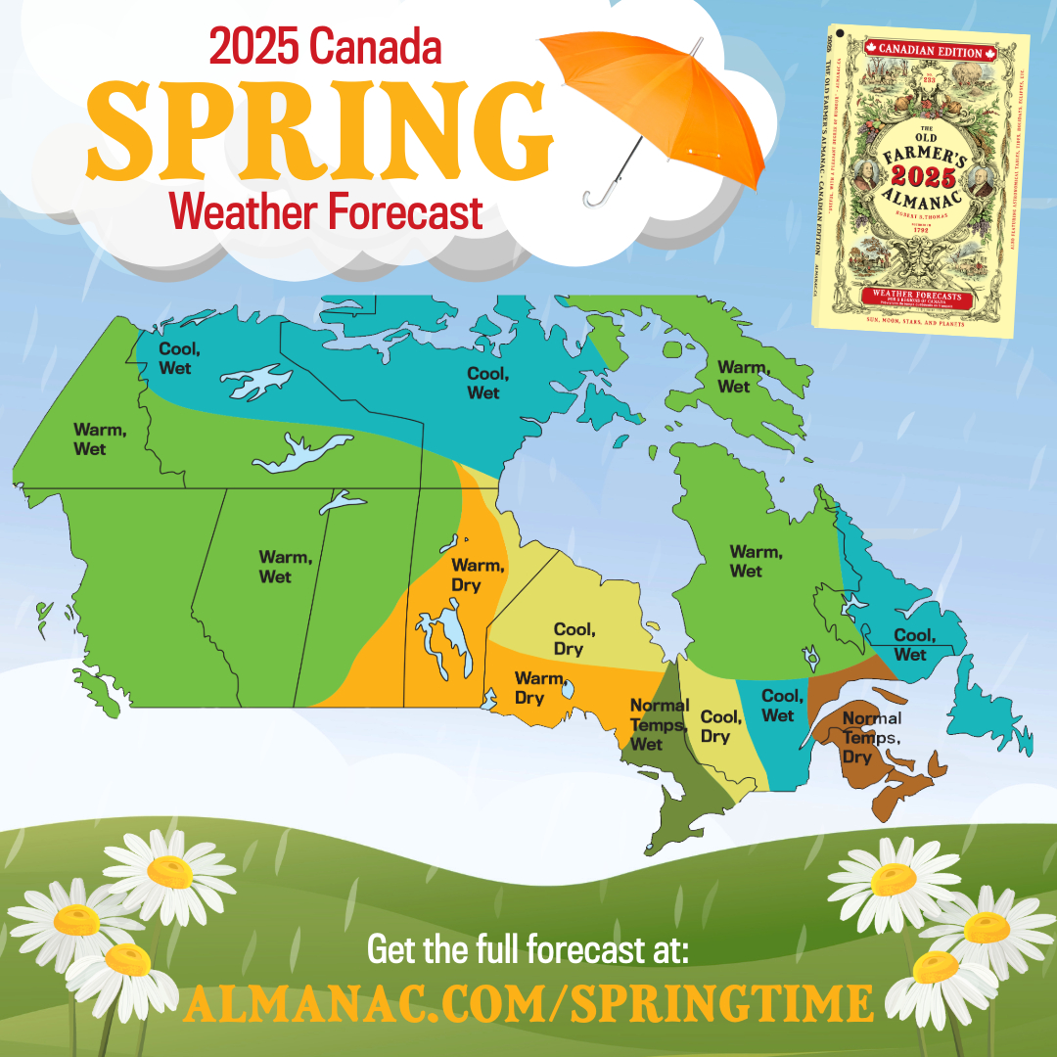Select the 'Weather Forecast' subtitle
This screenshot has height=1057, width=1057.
click(326, 210)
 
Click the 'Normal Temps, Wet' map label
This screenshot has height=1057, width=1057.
click(659, 724)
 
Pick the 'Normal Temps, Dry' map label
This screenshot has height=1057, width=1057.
click(871, 737)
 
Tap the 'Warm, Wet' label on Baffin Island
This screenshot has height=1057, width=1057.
click(734, 377)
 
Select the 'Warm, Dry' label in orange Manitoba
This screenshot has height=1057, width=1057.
click(478, 574)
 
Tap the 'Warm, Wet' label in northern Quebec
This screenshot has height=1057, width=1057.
click(756, 562)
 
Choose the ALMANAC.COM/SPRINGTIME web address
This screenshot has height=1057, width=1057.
click(528, 1002)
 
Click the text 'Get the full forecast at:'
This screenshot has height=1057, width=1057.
click(528, 950)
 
